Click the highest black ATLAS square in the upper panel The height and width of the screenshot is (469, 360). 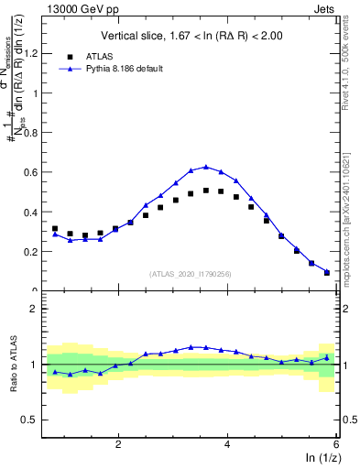206,191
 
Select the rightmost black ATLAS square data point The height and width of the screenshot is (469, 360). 327,272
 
